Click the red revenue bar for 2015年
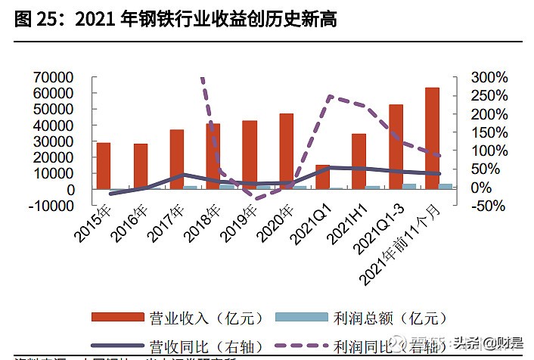104,166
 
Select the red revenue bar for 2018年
213,156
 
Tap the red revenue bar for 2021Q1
322,176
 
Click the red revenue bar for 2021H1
359,161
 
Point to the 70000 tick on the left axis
52,77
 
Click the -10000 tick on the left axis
50,206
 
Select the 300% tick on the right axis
489,77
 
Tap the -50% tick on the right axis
489,206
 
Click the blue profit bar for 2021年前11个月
446,186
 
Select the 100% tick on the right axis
489,151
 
